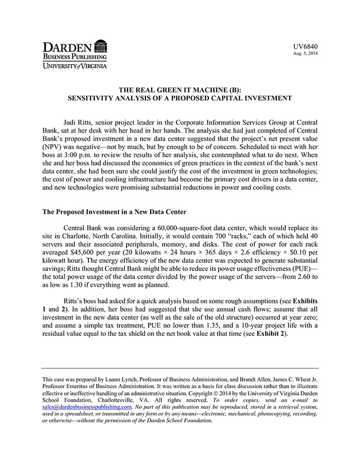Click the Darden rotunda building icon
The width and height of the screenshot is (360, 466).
coord(101,46)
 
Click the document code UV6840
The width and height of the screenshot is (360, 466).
coord(305,47)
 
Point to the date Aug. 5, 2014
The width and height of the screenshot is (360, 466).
coord(305,53)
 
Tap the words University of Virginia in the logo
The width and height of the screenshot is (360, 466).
coord(75,66)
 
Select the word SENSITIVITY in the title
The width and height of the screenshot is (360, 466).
coord(92,97)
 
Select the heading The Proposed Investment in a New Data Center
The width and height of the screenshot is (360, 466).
coord(114,212)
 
